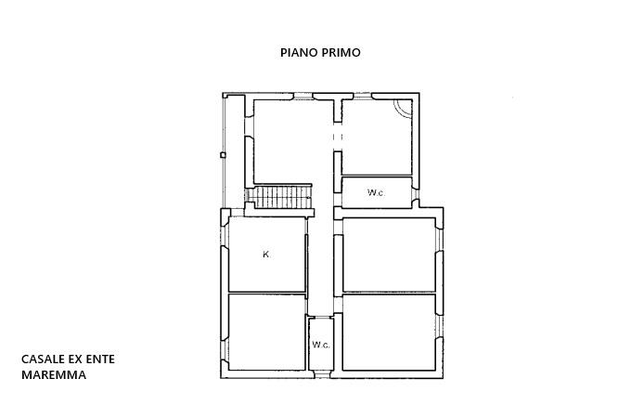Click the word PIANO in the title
(300, 53)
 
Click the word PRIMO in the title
(341, 53)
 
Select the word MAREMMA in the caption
(54, 375)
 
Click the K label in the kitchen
(265, 255)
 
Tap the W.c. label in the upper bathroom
(376, 193)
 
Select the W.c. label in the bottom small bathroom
(321, 345)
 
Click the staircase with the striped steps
(283, 197)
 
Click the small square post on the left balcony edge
(223, 155)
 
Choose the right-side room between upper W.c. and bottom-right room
(388, 255)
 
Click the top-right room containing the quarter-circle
(376, 139)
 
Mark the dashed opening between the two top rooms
(337, 137)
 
